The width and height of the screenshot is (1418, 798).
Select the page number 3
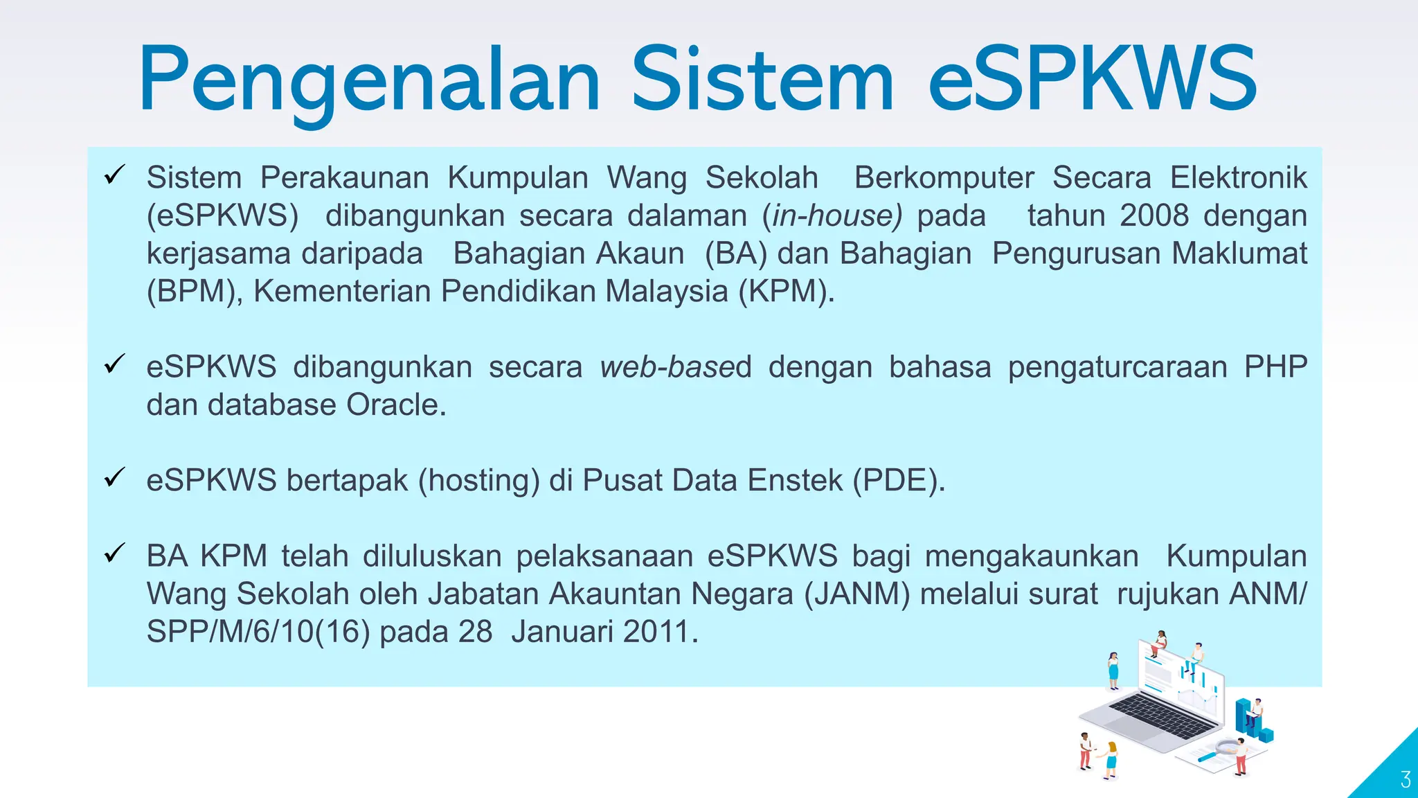[x=1405, y=780]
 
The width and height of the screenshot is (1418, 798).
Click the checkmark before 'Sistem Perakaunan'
[x=114, y=175]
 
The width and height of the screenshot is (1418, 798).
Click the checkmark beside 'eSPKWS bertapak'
[x=114, y=477]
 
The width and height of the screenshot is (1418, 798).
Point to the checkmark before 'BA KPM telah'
[x=114, y=553]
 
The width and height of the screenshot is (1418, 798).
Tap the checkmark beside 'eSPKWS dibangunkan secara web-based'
[x=114, y=364]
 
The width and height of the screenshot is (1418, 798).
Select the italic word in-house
[x=833, y=215]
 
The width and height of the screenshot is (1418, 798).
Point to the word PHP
[x=1275, y=367]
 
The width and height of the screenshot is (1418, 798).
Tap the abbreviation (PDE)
[x=898, y=480]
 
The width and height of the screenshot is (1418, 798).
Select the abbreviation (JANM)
[x=856, y=594]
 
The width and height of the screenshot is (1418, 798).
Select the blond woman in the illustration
[x=1111, y=759]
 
